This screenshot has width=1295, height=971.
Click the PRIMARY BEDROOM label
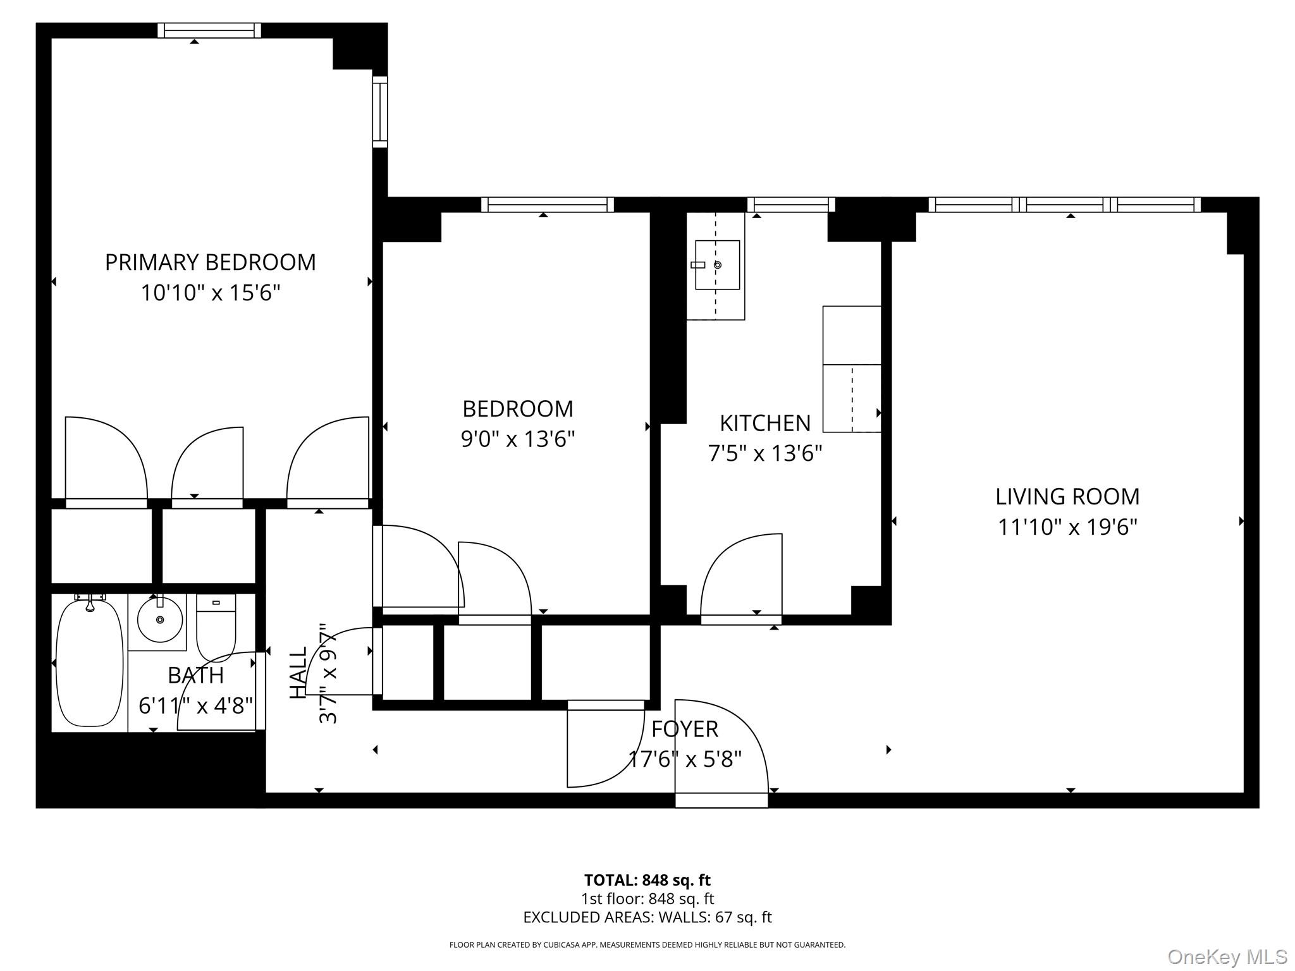click(x=210, y=262)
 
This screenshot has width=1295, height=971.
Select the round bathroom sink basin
click(x=160, y=620)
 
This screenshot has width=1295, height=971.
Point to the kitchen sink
click(x=717, y=265)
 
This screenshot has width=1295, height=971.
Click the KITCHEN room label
click(x=764, y=423)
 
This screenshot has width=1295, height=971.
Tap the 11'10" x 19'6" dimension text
click(x=1067, y=527)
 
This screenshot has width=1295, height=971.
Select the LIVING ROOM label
click(x=1067, y=496)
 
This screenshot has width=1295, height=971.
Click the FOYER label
click(x=684, y=729)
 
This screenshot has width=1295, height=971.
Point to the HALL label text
click(x=298, y=672)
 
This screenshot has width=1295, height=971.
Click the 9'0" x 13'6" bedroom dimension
click(x=517, y=439)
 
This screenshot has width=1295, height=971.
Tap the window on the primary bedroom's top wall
click(x=209, y=30)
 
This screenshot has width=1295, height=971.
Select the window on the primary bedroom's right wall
click(x=379, y=112)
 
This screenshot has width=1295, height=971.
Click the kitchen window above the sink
click(x=791, y=205)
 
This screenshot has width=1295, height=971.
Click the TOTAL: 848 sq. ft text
click(x=647, y=880)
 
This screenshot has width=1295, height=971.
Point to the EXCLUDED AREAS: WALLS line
click(x=647, y=917)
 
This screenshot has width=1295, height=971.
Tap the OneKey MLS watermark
click(x=1227, y=956)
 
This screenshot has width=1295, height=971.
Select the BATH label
click(x=195, y=675)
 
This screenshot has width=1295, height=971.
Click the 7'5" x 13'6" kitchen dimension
click(x=764, y=453)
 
